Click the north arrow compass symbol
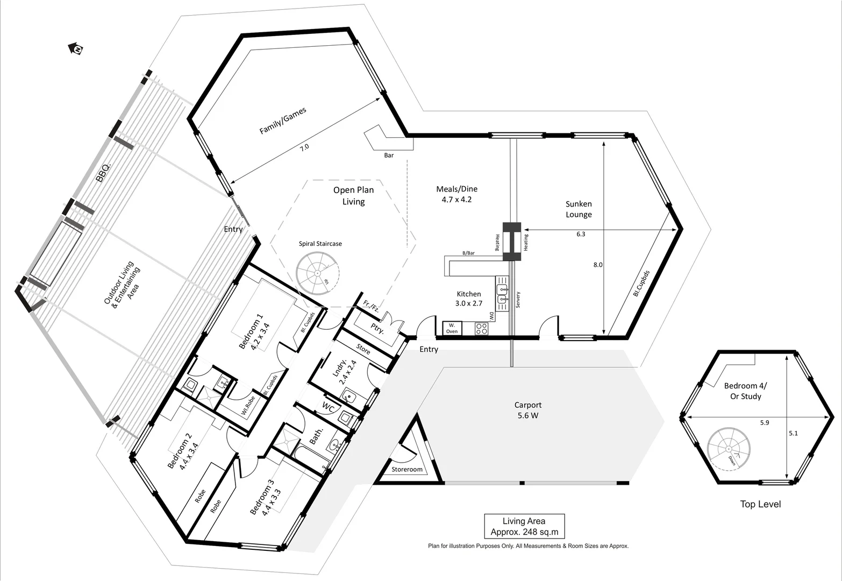point(76,49)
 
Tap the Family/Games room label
point(283,121)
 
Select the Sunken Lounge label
point(579,209)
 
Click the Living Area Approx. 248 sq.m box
point(524,526)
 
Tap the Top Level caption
point(760,504)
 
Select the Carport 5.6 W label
point(527,410)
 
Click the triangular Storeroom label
point(407,470)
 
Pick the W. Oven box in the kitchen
point(452,328)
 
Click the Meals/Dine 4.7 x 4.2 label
point(456,194)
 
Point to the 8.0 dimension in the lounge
point(598,265)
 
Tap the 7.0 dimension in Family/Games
point(304,147)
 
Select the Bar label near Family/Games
point(389,155)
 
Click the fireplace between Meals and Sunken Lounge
point(511,242)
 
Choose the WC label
point(329,407)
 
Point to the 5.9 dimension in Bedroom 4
point(765,423)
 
